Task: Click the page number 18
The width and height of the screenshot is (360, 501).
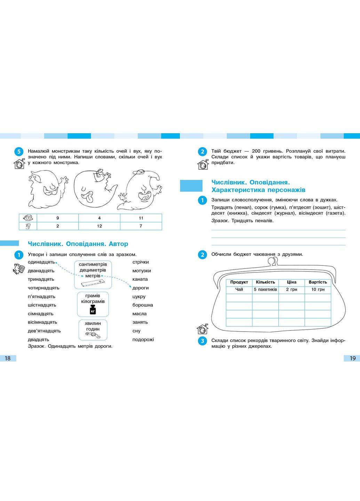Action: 8,358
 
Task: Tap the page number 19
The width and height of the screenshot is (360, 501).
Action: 352,358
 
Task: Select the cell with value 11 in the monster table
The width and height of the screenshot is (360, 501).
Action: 141,218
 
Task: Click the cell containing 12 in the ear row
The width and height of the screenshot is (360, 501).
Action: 99,226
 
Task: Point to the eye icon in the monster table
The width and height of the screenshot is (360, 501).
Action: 28,218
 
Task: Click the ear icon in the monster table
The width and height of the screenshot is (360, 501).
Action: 28,226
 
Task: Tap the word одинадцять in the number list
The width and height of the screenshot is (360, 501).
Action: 41,262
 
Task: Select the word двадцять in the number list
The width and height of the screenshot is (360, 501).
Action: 39,340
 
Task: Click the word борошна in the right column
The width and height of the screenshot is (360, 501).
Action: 143,305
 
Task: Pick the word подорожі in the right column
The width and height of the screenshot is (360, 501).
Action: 143,340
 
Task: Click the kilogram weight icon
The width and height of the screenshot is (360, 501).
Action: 93,310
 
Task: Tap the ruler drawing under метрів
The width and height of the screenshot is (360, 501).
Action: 93,284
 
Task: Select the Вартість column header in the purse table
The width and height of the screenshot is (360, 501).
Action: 318,282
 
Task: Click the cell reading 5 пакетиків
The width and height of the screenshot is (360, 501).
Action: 265,289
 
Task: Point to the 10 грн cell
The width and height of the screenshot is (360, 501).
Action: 318,289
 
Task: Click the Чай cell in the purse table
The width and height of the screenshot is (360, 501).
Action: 239,289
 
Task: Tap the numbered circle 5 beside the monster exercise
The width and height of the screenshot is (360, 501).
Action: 19,152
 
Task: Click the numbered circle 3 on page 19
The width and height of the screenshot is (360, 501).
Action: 202,341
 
